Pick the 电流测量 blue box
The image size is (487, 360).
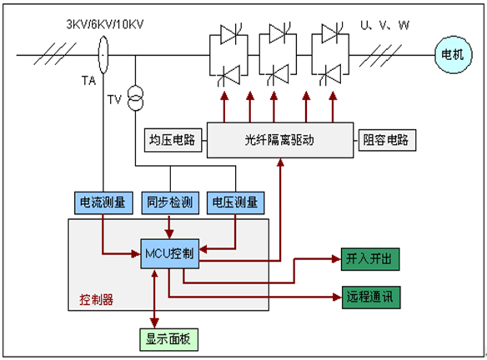[x=104, y=202]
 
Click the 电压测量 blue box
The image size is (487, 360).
[x=235, y=202]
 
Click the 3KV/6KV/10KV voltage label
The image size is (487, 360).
[x=98, y=26]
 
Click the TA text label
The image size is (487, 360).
[x=88, y=81]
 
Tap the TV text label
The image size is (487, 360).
[x=115, y=100]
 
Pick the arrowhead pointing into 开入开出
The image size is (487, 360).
[x=336, y=259]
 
